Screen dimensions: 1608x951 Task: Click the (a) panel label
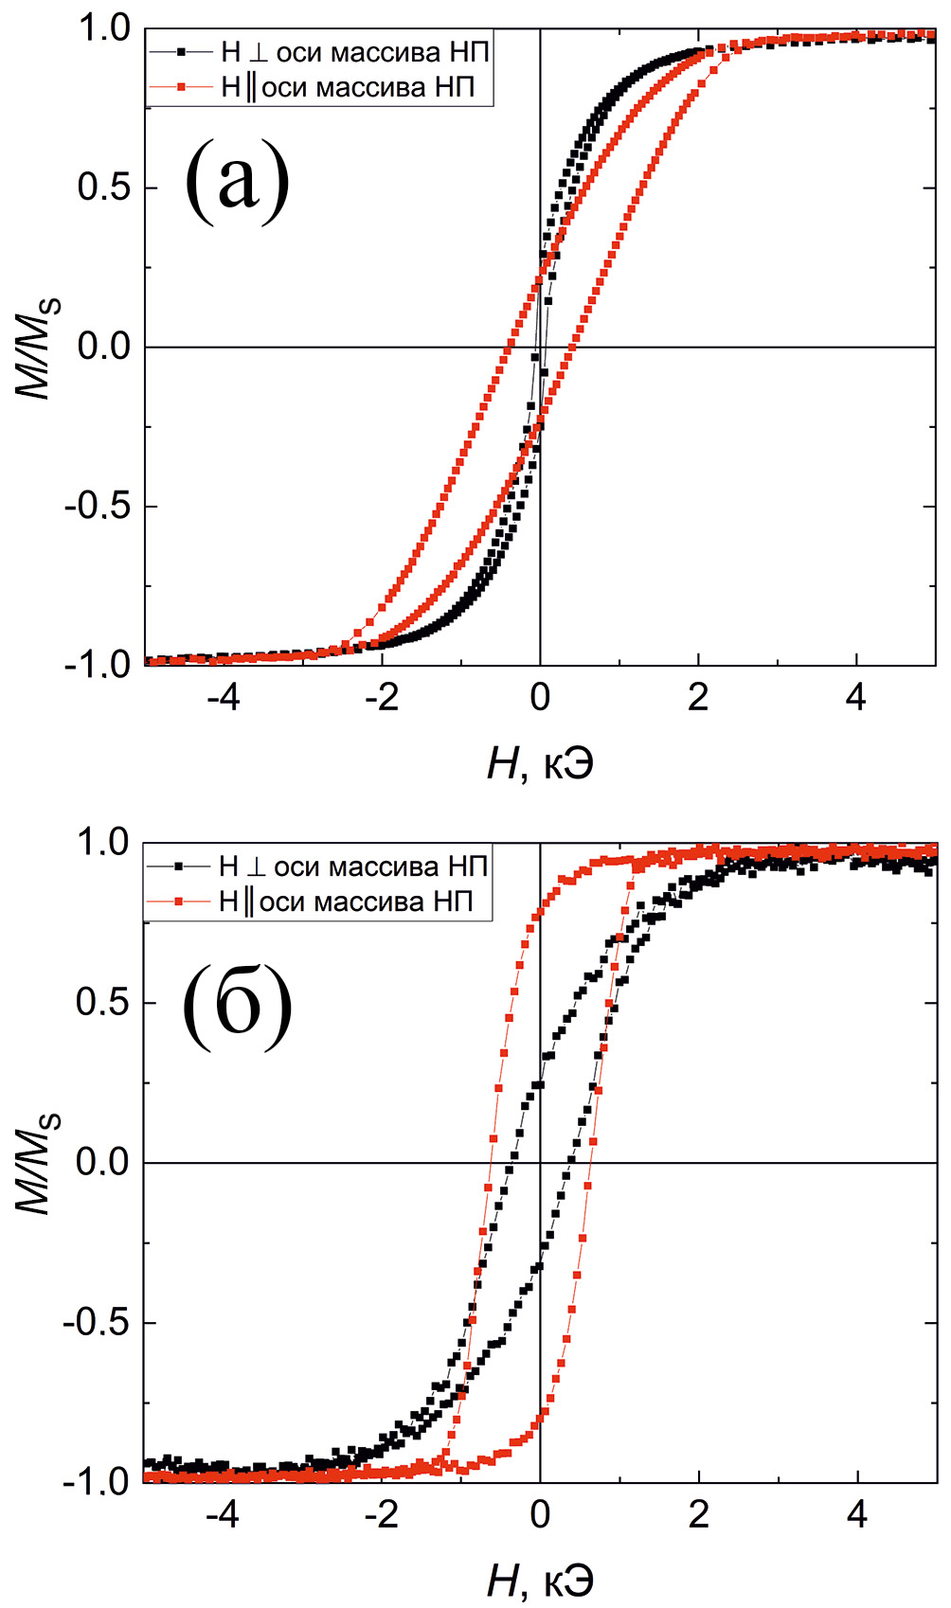237,179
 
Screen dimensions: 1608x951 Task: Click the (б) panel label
237,1004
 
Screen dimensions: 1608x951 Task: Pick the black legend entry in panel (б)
317,866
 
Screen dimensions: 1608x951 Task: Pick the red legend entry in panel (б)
317,902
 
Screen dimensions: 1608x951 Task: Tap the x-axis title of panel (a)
540,763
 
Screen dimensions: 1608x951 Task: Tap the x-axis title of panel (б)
540,1580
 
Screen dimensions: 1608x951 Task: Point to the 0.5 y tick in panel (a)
103,188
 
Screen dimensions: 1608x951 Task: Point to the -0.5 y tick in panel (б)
96,1323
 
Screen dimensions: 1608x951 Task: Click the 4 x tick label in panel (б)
857,1515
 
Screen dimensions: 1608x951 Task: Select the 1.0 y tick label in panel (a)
103,29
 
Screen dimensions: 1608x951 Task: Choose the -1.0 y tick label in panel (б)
96,1481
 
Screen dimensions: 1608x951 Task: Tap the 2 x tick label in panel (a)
698,699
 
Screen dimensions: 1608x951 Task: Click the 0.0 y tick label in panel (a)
103,348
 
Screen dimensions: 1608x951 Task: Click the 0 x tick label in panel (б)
540,1515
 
